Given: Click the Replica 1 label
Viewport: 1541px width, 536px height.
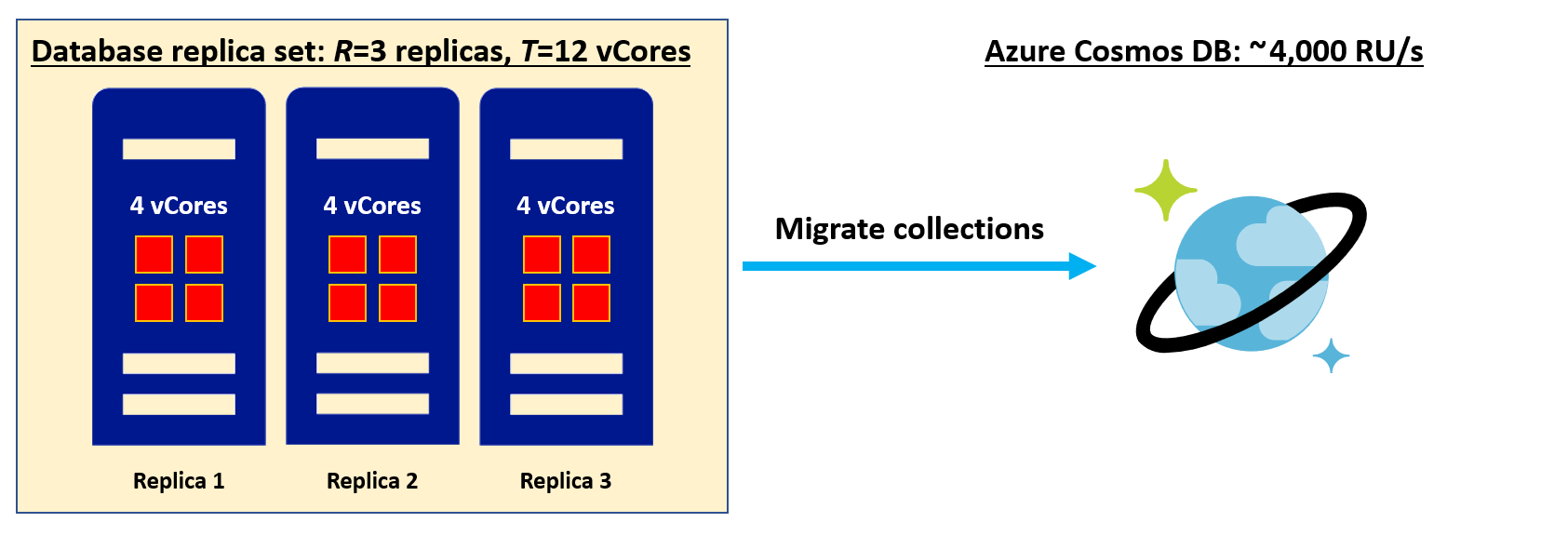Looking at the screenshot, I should (x=179, y=481).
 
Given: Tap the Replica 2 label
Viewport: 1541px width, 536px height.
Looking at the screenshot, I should (x=372, y=481).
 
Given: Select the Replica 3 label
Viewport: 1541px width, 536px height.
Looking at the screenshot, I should (x=566, y=481).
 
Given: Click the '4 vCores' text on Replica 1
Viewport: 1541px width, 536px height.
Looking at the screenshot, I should (x=179, y=206).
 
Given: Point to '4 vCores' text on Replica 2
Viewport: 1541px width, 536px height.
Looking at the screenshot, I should (x=372, y=206).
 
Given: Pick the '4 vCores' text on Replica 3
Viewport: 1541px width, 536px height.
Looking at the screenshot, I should (x=566, y=206).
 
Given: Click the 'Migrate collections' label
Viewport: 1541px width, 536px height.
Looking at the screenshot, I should (x=909, y=229).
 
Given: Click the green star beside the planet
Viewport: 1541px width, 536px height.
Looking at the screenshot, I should (x=1165, y=190).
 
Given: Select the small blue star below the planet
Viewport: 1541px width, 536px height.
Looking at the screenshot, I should (x=1331, y=355).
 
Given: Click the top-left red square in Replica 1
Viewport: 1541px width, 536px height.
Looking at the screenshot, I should (x=154, y=254).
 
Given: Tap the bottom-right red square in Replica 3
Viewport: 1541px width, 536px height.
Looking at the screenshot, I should (x=591, y=302).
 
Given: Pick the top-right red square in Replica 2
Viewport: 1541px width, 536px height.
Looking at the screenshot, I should (x=397, y=254).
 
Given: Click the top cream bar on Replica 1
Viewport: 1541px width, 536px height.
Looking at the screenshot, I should (x=179, y=149).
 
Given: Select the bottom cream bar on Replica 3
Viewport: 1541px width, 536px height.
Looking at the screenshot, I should (x=566, y=404).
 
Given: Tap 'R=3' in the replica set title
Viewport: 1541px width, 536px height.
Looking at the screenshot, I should (x=360, y=51).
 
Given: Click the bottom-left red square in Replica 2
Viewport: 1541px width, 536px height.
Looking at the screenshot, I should (x=347, y=302).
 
